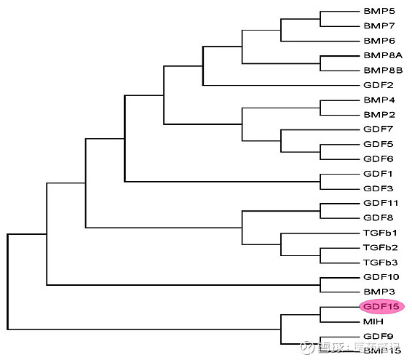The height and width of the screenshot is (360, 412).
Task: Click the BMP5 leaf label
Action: tap(379, 11)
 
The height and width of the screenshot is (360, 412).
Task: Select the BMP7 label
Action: tap(379, 26)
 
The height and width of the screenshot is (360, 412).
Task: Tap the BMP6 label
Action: tap(379, 41)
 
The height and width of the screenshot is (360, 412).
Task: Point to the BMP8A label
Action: tap(382, 55)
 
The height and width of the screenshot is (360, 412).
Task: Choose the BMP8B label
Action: tap(382, 71)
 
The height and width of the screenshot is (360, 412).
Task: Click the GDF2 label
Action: tap(379, 85)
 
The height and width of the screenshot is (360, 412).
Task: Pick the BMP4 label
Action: tap(379, 100)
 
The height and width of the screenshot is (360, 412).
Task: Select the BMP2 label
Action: tap(379, 114)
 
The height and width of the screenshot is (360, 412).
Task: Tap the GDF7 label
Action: tap(379, 129)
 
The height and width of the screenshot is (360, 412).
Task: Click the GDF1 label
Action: tap(379, 174)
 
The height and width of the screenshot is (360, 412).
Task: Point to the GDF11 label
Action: tap(381, 203)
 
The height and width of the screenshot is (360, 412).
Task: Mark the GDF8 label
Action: tap(379, 217)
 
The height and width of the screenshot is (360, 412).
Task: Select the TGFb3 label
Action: tap(381, 262)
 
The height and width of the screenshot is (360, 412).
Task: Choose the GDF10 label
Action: tap(381, 277)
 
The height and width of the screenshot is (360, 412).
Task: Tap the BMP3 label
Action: tap(379, 292)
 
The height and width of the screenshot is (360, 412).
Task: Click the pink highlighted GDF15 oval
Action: tap(381, 306)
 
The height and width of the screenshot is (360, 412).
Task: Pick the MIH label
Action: tap(373, 321)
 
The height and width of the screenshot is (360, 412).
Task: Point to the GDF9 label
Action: tap(379, 336)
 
